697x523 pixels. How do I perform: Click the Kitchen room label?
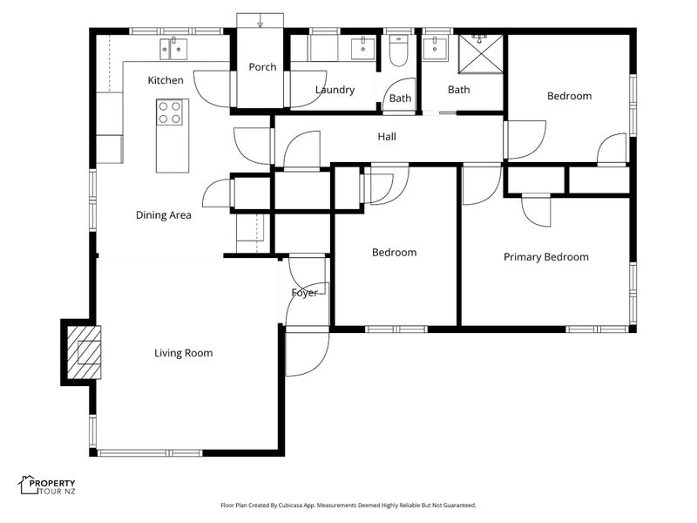pyautogui.click(x=166, y=80)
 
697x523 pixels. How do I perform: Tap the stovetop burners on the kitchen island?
pyautogui.click(x=170, y=112)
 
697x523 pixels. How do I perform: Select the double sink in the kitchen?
pyautogui.click(x=173, y=48)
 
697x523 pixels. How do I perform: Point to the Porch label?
pyautogui.click(x=262, y=67)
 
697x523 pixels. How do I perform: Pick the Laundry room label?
pyautogui.click(x=335, y=90)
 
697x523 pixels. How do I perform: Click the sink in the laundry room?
pyautogui.click(x=362, y=48)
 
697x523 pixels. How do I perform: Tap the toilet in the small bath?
pyautogui.click(x=398, y=51)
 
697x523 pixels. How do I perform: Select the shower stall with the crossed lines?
pyautogui.click(x=481, y=54)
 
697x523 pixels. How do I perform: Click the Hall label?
pyautogui.click(x=387, y=137)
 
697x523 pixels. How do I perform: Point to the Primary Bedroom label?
pyautogui.click(x=546, y=257)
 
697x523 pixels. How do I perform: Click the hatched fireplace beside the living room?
pyautogui.click(x=84, y=352)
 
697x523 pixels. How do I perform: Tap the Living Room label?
pyautogui.click(x=183, y=353)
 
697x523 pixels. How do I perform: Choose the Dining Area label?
pyautogui.click(x=163, y=215)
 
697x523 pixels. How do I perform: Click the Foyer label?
pyautogui.click(x=304, y=293)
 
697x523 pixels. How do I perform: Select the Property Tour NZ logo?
pyautogui.click(x=47, y=486)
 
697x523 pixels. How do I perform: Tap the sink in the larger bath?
pyautogui.click(x=433, y=48)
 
